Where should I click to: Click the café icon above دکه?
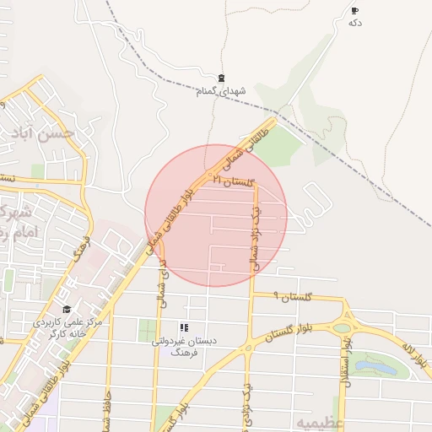coord(354,11)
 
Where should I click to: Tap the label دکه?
coord(355,23)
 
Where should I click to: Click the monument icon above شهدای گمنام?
coord(221,78)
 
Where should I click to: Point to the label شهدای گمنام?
coord(221,90)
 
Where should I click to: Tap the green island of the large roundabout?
coord(343,328)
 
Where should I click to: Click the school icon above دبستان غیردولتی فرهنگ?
coord(183,327)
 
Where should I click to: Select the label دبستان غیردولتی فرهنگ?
coord(183,345)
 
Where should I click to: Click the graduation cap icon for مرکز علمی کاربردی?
coord(67,309)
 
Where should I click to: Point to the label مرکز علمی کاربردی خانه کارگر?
coord(67,327)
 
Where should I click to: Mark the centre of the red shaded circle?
coord(216,215)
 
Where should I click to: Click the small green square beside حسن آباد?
coord(37,171)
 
